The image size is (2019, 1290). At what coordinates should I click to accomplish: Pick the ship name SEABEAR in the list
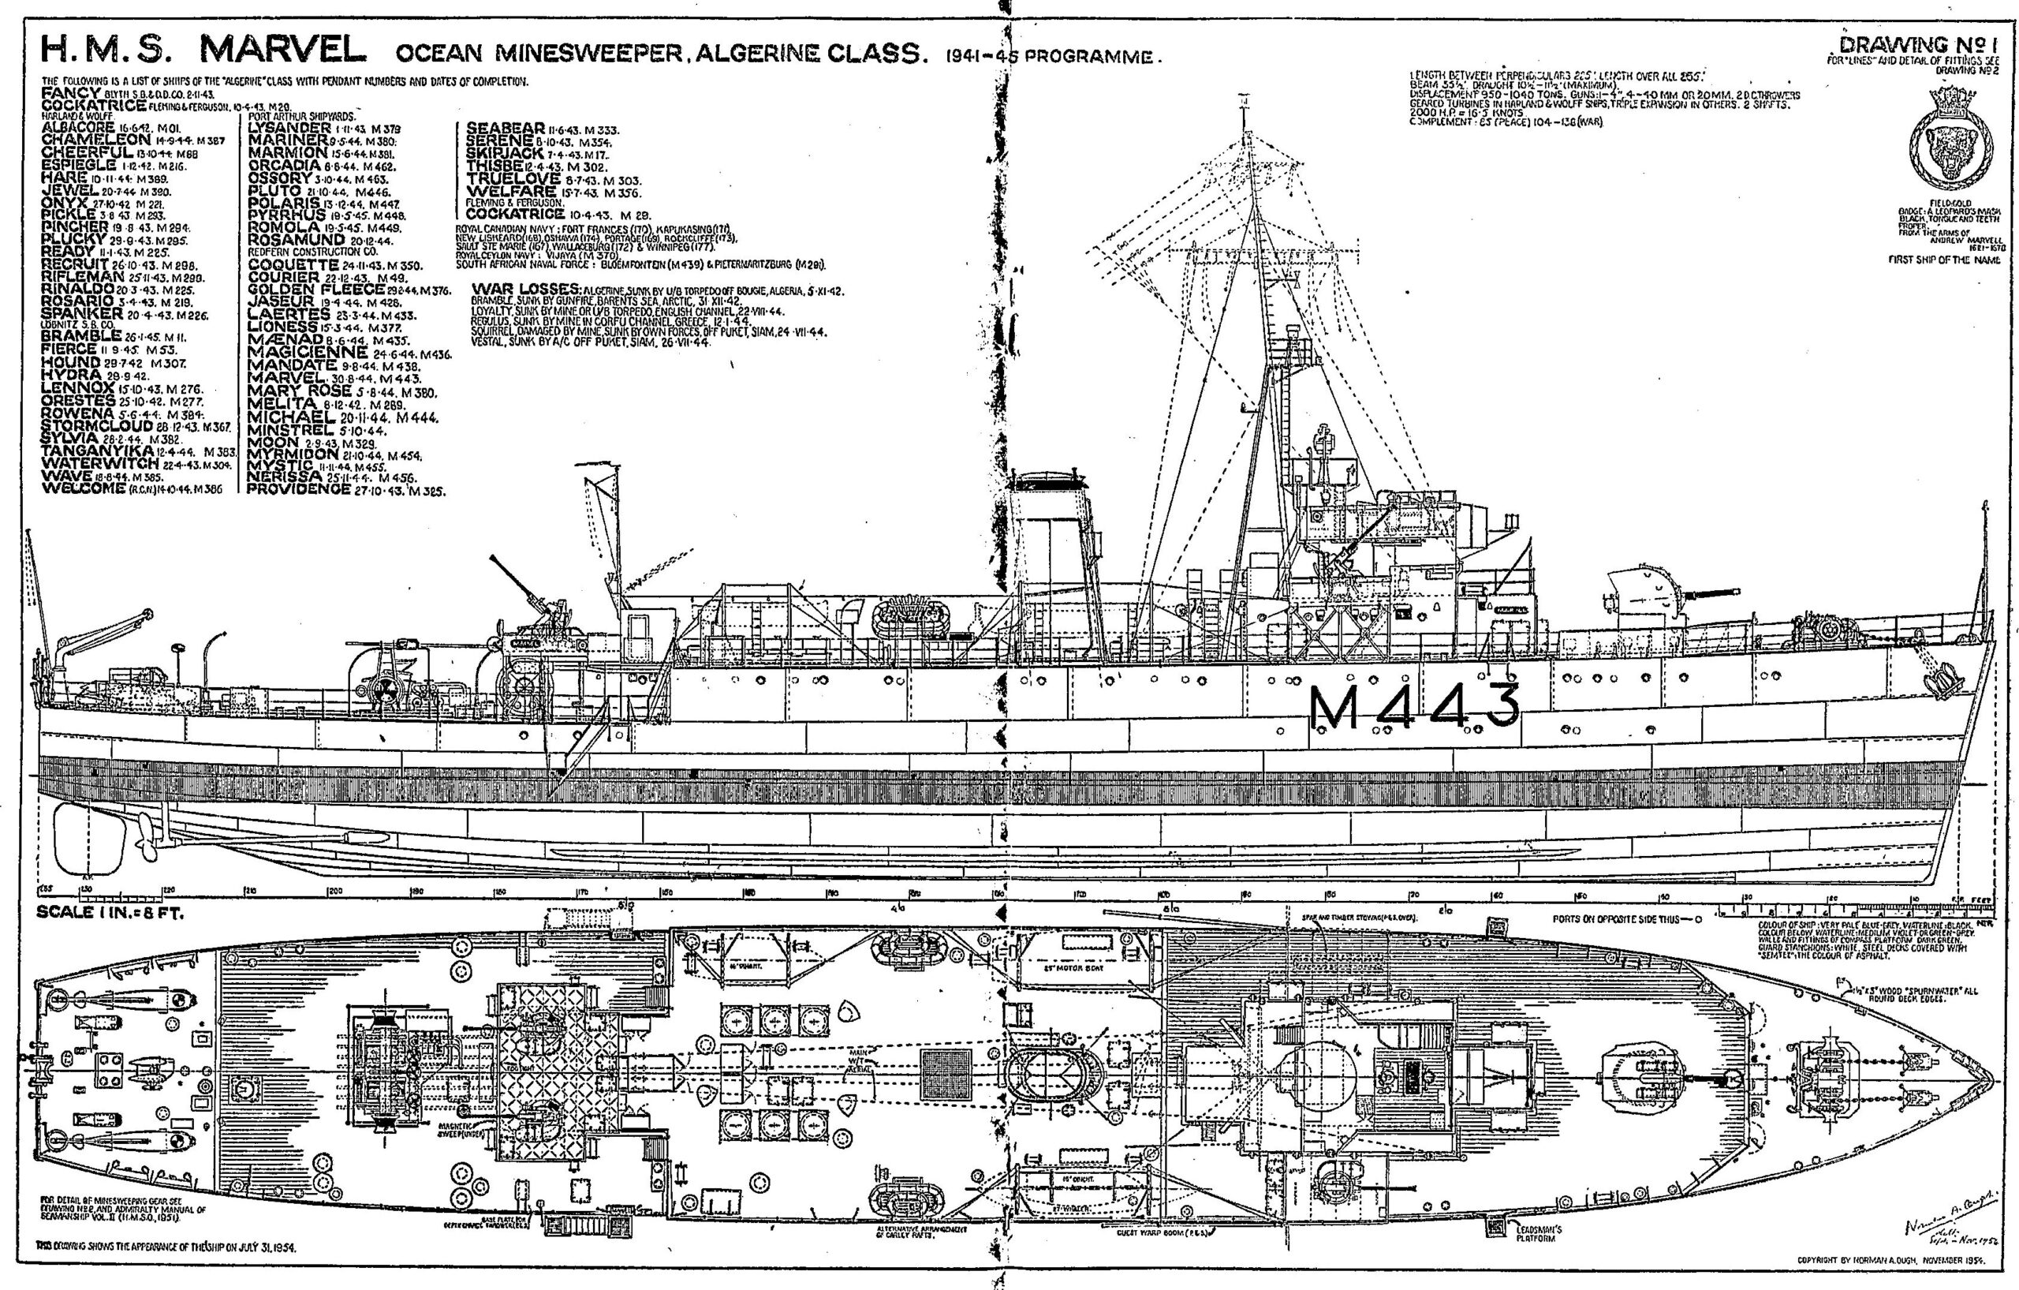[506, 128]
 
